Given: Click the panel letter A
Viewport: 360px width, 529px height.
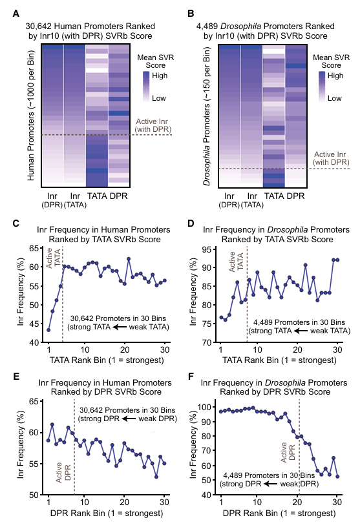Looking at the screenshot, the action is (x=16, y=14).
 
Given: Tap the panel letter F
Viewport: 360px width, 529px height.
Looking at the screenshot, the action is (x=191, y=376).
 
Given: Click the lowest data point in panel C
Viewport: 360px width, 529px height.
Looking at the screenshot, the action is (x=48, y=330).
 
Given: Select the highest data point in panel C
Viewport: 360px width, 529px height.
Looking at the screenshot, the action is (x=129, y=259).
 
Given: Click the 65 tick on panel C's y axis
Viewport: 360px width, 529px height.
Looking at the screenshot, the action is (x=34, y=249).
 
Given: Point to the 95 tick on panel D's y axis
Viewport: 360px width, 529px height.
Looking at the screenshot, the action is (x=207, y=250).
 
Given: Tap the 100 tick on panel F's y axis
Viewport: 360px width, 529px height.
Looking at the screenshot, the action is (x=204, y=407).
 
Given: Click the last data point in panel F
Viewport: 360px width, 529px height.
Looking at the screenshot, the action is (x=337, y=477).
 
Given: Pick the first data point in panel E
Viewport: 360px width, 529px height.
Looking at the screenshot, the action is (x=48, y=441).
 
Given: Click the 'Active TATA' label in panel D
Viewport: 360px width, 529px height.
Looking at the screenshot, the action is (x=236, y=262).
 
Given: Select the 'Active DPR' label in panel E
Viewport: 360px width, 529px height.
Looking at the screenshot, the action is (x=63, y=472).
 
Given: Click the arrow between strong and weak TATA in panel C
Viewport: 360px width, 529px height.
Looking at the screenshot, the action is (x=120, y=327).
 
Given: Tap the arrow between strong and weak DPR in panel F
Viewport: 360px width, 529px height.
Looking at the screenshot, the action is (x=271, y=484).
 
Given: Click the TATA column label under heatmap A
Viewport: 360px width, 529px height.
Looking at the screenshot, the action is (x=97, y=196).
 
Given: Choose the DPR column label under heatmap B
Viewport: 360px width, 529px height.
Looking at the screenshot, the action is (x=296, y=196).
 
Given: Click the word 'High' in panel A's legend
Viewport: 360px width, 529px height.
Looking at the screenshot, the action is (x=160, y=76).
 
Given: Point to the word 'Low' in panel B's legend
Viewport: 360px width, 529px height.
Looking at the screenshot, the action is (x=334, y=98).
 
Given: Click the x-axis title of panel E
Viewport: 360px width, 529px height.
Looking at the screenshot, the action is (x=107, y=513).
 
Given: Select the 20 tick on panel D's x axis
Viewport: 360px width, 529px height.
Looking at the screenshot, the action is (x=297, y=350).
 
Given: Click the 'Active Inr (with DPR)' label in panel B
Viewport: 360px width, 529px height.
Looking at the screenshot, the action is (x=330, y=158).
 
